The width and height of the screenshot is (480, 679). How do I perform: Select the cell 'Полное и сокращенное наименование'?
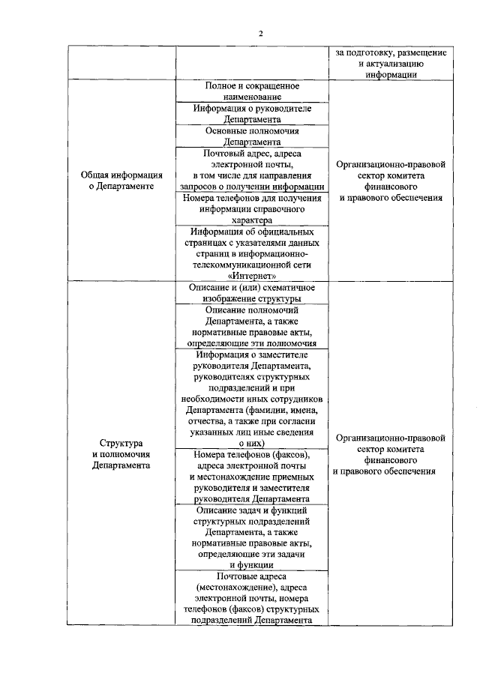(252, 91)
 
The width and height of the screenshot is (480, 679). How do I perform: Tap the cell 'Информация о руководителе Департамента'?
(252, 113)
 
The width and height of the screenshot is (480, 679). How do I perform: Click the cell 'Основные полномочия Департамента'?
(252, 135)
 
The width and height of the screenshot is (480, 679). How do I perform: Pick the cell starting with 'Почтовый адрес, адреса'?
(252, 170)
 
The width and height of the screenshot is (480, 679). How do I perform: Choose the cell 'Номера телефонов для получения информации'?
(252, 209)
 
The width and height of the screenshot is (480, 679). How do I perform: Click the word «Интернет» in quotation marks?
(252, 275)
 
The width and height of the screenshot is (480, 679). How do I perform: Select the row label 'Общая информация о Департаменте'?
(121, 181)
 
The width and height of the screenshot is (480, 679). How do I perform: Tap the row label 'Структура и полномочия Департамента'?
(121, 454)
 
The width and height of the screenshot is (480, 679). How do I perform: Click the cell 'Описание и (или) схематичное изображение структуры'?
(252, 293)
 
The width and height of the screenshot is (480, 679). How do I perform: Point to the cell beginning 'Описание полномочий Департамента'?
(252, 326)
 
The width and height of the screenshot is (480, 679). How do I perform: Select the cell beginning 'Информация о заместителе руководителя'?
(252, 398)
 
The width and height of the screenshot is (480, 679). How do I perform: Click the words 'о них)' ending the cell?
(252, 444)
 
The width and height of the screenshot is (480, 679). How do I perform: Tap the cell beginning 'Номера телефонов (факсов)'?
(252, 476)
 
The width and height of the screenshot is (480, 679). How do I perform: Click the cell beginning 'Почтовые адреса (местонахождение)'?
(252, 598)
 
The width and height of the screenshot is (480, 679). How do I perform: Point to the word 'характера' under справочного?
(252, 220)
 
